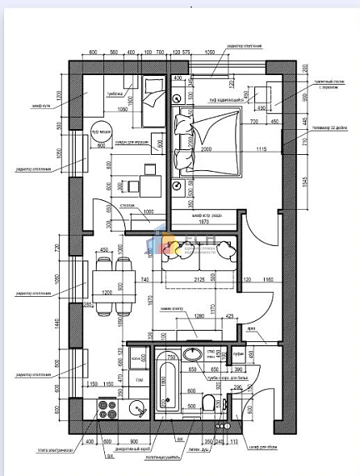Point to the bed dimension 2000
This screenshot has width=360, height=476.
coord(207,151)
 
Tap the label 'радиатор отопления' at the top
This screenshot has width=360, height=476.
coord(246,46)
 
